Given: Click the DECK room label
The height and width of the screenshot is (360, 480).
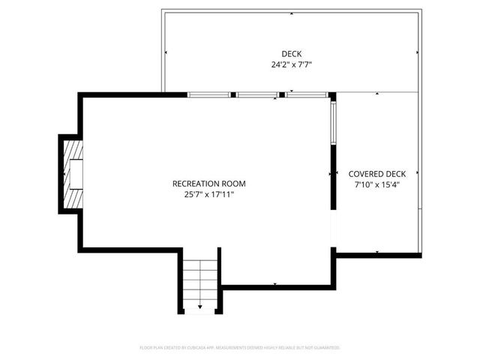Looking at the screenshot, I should (292, 53).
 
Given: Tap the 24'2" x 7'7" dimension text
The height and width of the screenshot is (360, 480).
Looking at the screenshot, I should (292, 64).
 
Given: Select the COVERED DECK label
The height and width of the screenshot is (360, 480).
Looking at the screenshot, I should (376, 173).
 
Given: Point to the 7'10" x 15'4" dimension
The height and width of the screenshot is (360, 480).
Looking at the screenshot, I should (376, 184).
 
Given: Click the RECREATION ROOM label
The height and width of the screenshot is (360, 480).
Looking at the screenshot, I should (208, 183).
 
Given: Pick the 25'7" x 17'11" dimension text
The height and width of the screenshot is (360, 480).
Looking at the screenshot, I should (208, 194).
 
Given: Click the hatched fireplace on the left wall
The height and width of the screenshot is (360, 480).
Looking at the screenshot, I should (73, 173).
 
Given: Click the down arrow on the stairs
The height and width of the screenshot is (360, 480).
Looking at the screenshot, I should (200, 306).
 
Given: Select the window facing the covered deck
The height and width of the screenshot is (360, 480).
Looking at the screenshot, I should (333, 123).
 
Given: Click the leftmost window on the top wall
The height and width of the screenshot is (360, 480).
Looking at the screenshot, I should (208, 95).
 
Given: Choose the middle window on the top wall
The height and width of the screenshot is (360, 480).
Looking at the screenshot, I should (258, 95).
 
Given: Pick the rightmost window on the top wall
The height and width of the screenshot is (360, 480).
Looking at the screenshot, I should (307, 95).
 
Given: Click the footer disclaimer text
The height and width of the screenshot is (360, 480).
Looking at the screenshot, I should (240, 347).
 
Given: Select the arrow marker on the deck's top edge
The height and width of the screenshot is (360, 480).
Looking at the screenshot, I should (292, 12).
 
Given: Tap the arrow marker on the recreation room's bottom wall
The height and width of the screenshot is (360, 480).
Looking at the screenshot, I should (275, 284).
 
